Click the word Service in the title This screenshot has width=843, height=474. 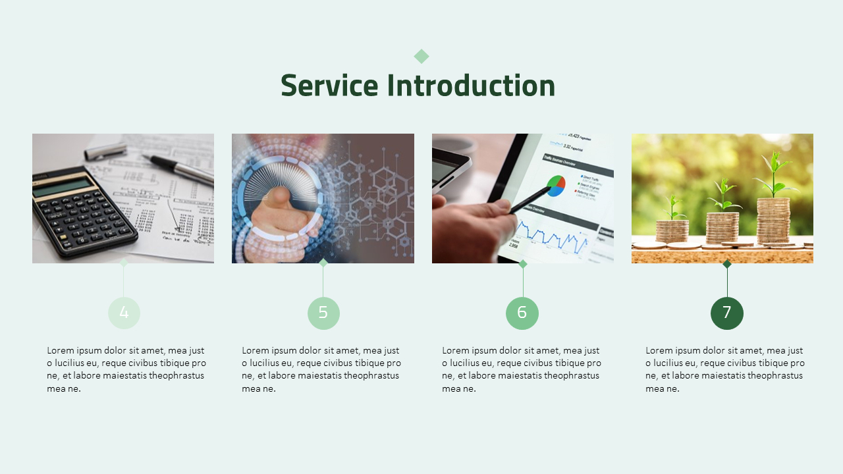[x=329, y=86]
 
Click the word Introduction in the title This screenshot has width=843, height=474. [x=471, y=86]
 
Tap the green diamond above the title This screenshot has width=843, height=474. [x=421, y=57]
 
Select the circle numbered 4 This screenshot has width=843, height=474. [x=124, y=313]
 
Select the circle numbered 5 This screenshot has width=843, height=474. [x=323, y=313]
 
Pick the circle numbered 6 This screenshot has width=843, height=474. [x=522, y=313]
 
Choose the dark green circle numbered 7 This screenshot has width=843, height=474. [x=727, y=313]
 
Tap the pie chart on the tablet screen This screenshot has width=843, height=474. [x=557, y=186]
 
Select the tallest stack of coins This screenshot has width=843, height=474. [x=773, y=221]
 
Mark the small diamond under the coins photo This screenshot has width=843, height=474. [x=727, y=264]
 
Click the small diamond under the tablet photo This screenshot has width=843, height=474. [x=523, y=264]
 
